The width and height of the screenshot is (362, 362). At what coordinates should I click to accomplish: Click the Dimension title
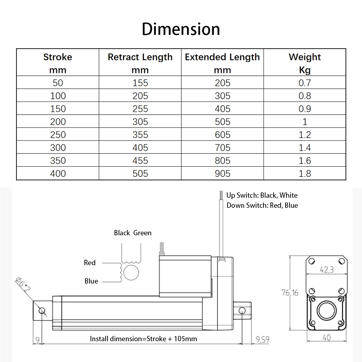181,29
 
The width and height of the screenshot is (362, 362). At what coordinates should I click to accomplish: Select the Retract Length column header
140,63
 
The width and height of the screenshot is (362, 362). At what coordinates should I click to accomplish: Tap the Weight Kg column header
305,63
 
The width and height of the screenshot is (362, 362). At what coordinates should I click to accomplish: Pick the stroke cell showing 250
58,135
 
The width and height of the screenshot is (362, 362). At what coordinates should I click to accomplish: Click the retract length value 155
140,83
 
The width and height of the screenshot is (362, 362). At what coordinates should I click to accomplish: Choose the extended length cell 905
223,173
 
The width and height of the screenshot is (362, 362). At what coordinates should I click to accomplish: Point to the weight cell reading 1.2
305,135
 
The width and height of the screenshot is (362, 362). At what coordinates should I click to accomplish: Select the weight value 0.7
305,83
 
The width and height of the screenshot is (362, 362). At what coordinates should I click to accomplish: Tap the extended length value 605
223,135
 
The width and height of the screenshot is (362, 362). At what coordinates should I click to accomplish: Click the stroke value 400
58,173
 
